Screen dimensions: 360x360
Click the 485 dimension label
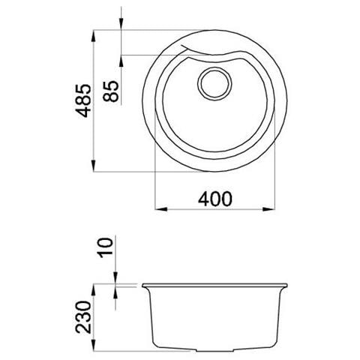click(83, 101)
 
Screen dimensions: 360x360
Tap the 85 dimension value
click(111, 91)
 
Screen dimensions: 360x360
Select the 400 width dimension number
click(215, 199)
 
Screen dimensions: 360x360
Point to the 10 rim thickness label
click(106, 247)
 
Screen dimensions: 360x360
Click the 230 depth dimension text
click(83, 317)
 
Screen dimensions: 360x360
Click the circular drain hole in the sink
click(214, 84)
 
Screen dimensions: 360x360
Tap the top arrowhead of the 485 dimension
click(93, 36)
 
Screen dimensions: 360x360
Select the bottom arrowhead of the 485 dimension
click(93, 166)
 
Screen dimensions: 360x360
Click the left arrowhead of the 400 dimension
click(161, 209)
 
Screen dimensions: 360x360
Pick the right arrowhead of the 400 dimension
click(268, 209)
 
